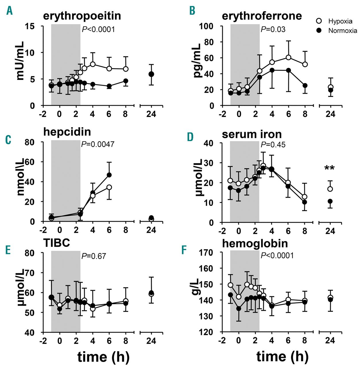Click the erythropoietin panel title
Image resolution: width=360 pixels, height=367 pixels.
coord(82,16)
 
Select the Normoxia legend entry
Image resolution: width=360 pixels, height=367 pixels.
coord(337,31)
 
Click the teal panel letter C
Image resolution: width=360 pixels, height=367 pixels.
coord(8,140)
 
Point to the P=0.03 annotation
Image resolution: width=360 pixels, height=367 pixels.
coord(273,29)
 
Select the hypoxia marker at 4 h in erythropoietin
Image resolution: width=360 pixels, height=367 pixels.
coord(93,64)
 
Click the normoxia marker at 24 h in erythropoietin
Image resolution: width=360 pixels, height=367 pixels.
coord(151,74)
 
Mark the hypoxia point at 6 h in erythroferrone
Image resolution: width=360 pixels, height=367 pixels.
coord(289,57)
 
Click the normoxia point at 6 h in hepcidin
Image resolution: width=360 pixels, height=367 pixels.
coord(109,175)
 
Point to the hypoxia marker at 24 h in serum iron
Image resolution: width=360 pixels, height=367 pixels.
coord(330,189)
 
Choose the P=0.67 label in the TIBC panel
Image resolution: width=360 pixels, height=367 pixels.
coord(94,256)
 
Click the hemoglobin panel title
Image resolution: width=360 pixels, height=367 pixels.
coord(255,243)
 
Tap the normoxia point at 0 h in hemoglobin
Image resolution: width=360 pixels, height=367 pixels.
coord(239,309)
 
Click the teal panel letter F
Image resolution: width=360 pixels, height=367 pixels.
coord(184,250)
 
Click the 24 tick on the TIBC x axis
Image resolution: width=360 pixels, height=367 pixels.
coord(151,341)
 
